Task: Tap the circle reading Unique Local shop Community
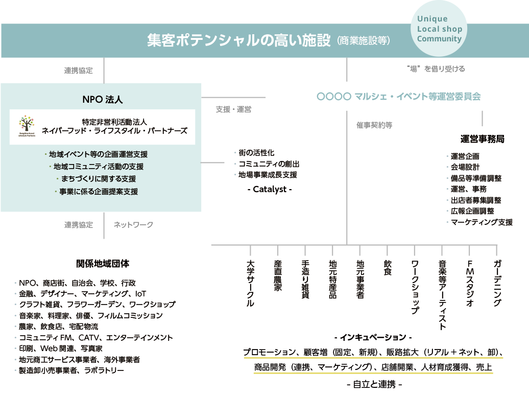point(439,29)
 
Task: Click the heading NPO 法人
point(103,99)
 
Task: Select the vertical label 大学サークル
point(250,284)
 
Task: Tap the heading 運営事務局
point(483,139)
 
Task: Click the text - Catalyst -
point(269,189)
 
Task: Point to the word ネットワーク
point(133,224)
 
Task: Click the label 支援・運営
point(233,109)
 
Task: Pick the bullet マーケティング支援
point(482,222)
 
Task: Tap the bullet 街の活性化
point(256,153)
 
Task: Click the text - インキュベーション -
point(373,337)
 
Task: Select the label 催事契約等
point(374,125)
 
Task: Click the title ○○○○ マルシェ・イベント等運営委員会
point(398,96)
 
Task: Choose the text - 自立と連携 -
point(374,384)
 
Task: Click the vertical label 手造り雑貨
point(305,280)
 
